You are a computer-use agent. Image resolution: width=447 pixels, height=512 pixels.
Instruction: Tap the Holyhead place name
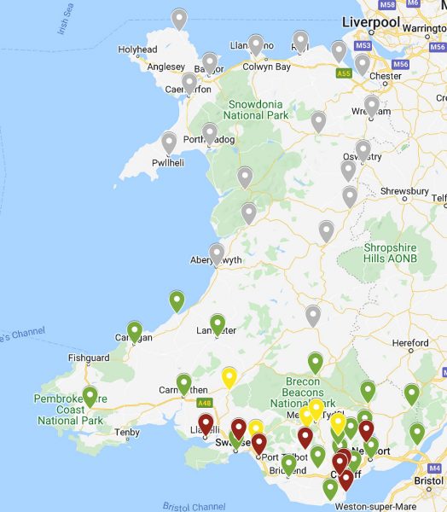point(138,50)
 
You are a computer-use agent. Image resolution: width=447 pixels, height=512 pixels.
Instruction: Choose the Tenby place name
point(126,432)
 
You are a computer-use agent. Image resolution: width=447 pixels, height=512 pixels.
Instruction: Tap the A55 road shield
point(344,74)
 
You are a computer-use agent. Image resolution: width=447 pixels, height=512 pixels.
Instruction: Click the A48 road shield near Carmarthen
point(203,403)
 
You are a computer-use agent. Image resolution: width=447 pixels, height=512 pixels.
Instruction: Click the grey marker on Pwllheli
point(169,143)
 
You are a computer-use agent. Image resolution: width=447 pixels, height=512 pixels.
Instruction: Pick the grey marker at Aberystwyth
point(217,253)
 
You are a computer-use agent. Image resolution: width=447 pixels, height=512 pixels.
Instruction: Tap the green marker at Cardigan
point(135,331)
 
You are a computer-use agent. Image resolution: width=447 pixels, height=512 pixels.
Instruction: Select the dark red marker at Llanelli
point(206,423)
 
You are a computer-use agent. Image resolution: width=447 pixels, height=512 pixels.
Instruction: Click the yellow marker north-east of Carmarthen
point(229,376)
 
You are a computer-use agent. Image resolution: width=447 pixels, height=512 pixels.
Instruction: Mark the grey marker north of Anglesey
point(178,18)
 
